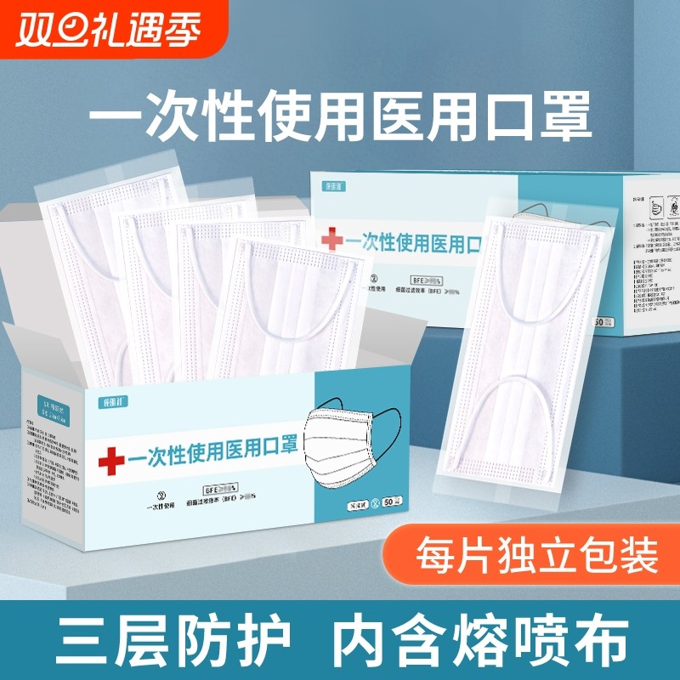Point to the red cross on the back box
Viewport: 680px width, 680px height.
(332, 241)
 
